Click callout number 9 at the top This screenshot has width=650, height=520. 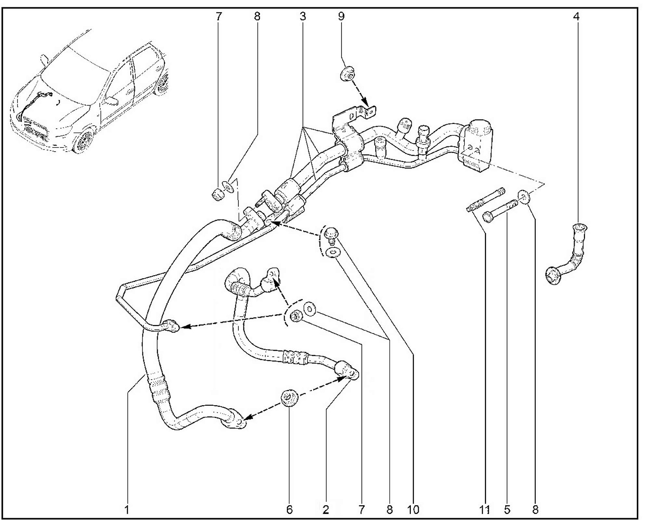coord(341,16)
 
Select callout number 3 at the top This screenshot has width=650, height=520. coord(303,16)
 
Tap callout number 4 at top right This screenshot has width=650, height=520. coord(576,16)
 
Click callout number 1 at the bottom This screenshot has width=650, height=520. coord(127,510)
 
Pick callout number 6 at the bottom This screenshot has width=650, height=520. coord(289,510)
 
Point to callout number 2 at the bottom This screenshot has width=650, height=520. coord(325,510)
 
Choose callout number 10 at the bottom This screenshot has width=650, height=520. coord(413,510)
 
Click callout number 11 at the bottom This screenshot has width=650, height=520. coord(484,510)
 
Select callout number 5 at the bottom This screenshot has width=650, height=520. coord(507,510)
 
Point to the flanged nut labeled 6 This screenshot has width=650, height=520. coord(289,398)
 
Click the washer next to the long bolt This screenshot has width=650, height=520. coord(524,197)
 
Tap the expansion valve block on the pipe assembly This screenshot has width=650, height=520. coord(475,145)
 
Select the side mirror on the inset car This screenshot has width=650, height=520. coord(111,101)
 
